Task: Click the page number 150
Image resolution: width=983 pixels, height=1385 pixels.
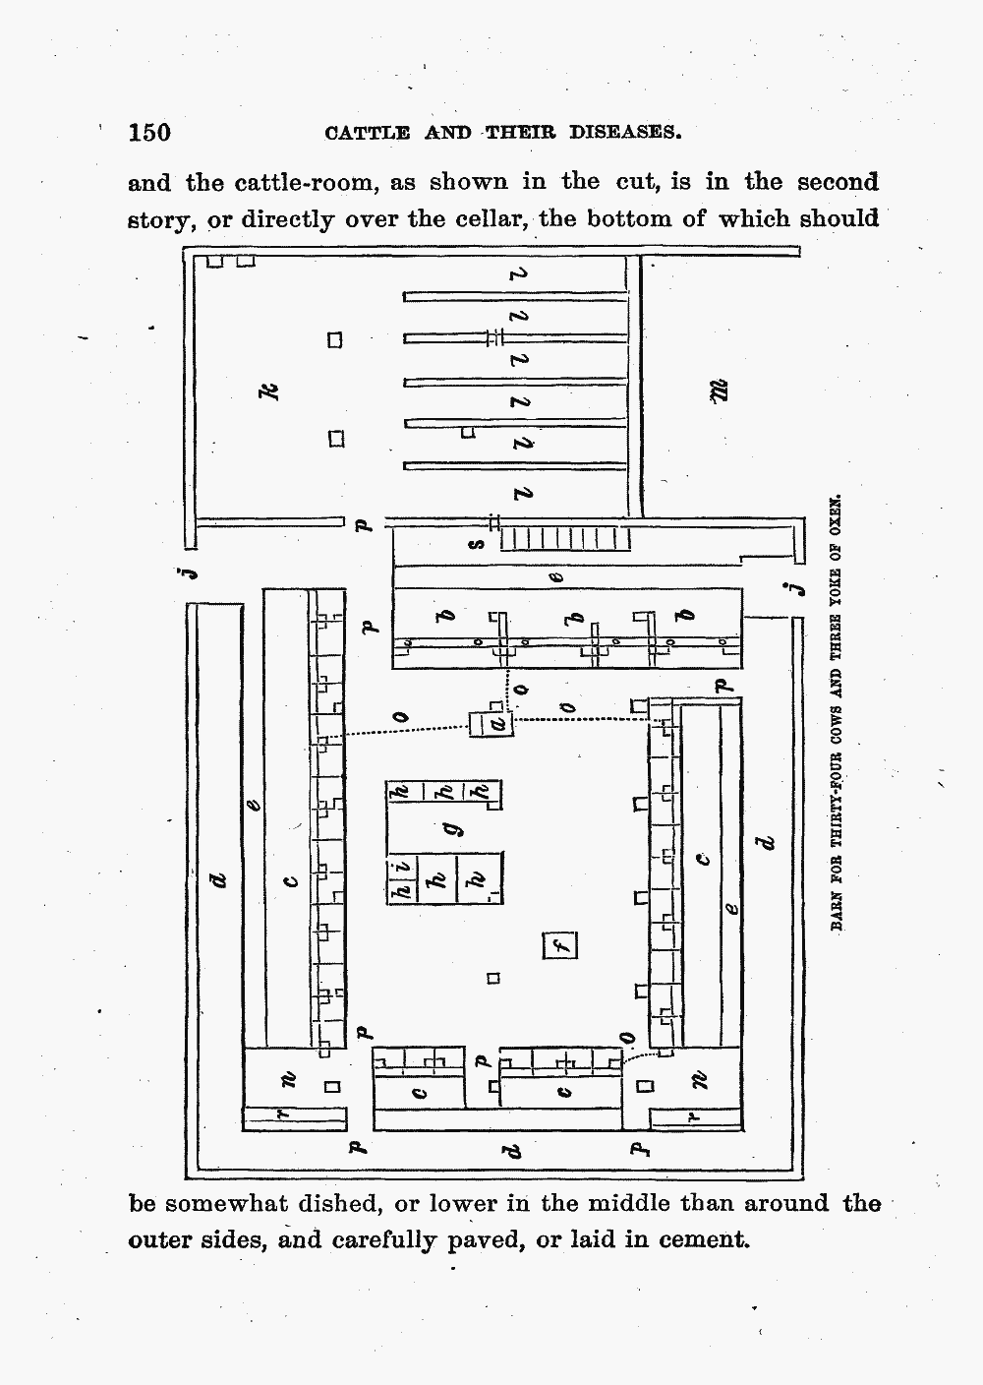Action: (149, 133)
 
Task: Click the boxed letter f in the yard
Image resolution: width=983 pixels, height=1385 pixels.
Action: (560, 946)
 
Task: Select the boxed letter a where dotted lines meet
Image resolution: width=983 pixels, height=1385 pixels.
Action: (497, 724)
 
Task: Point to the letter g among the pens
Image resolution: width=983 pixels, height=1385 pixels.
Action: (454, 831)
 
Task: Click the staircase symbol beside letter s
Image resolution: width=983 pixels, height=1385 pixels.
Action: (564, 539)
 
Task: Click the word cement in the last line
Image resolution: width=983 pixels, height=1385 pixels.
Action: (701, 1239)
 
